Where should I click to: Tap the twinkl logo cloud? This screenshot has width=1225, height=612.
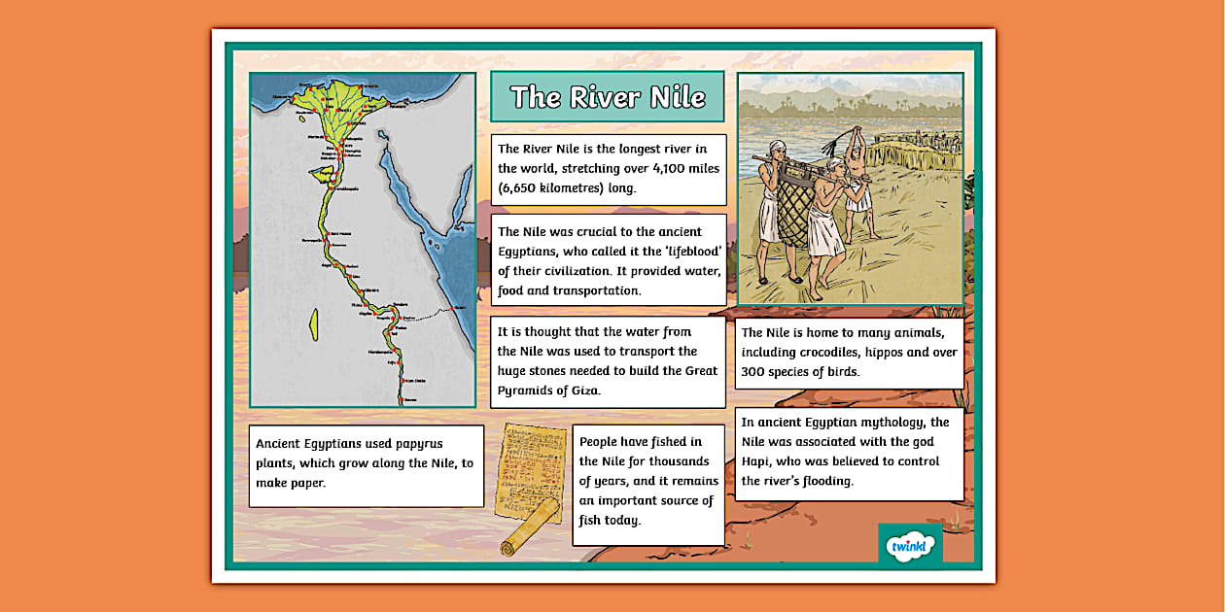910,547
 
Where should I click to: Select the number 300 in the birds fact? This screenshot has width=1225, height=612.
754,371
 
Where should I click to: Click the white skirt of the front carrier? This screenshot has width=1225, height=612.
824,233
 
